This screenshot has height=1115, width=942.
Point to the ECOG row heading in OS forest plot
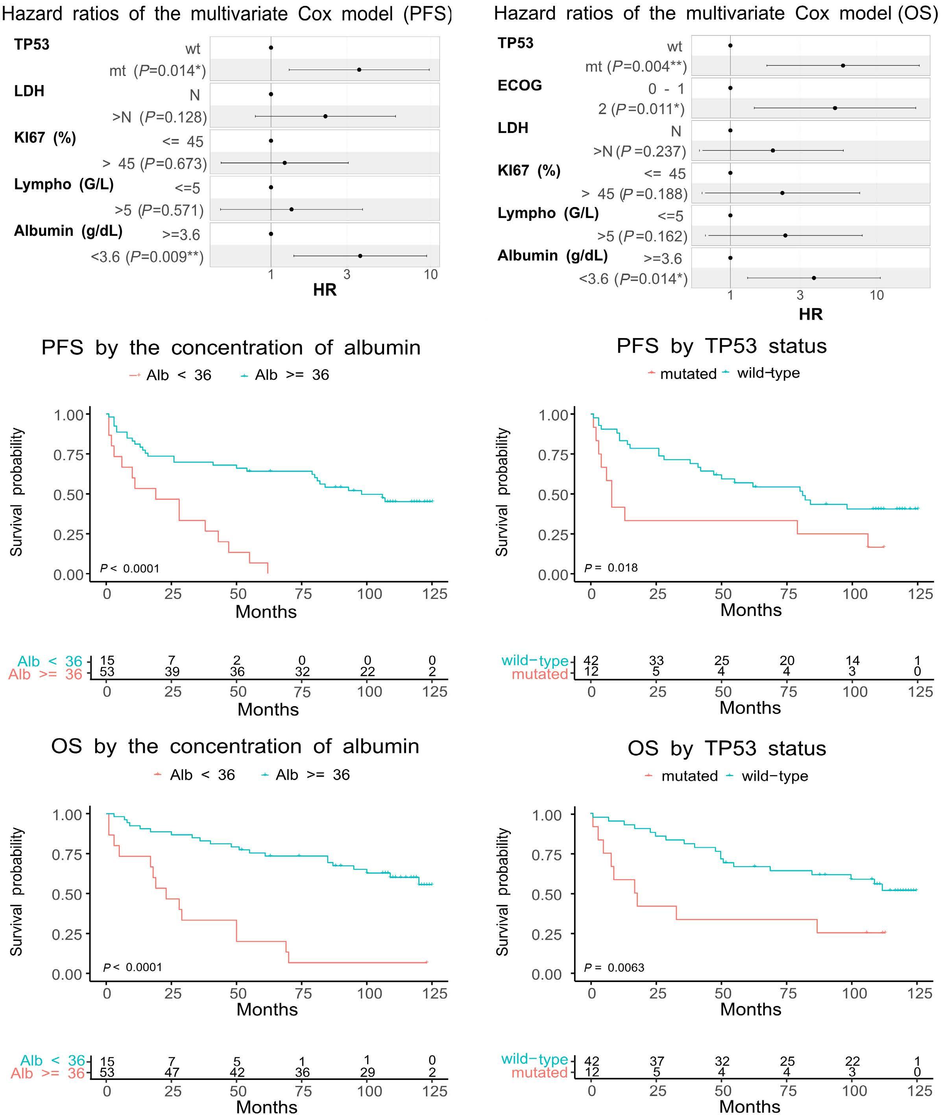coord(519,85)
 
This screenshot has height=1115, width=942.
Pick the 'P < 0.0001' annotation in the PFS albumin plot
coord(130,568)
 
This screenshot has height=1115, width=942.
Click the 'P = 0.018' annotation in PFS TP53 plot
coord(611,568)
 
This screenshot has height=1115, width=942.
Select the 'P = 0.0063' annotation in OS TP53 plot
coord(614,968)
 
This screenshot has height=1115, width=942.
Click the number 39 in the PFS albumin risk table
coord(172,672)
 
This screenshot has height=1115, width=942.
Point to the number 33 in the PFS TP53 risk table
coord(656,660)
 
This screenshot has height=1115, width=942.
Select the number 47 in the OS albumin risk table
coord(172,1072)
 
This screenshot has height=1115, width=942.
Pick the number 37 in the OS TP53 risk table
coord(656,1061)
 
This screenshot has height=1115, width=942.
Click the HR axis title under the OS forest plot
coord(810,314)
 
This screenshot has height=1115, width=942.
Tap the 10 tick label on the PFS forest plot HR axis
coord(430,274)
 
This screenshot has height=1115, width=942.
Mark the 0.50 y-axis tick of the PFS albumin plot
coord(68,494)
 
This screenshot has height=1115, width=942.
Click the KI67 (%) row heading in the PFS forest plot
coord(45,138)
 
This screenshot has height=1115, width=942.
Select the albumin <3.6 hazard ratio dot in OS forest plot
coord(813,278)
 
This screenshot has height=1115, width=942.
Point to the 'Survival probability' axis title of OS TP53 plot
coord(502,892)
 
